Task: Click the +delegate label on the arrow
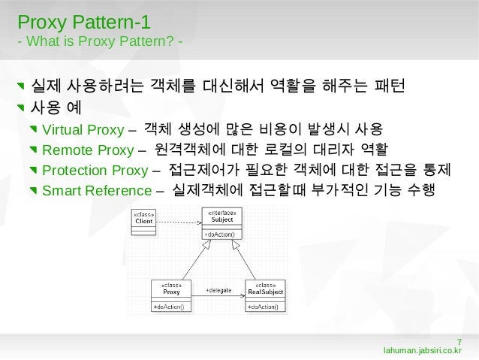tap(218, 289)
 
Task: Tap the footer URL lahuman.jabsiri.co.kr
tap(422, 350)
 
